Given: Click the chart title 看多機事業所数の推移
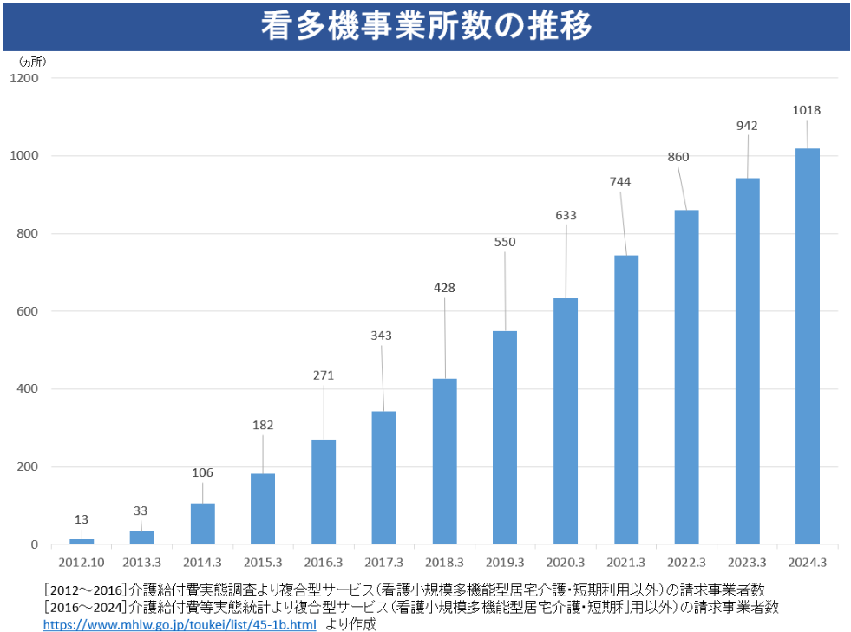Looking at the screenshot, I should pyautogui.click(x=426, y=27).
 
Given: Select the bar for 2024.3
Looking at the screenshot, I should pyautogui.click(x=807, y=347).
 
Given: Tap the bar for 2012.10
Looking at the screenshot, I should pyautogui.click(x=82, y=541).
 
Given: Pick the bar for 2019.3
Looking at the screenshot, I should pyautogui.click(x=505, y=438).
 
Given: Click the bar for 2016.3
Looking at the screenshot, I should pyautogui.click(x=324, y=492).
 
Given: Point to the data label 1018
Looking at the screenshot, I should pyautogui.click(x=807, y=110).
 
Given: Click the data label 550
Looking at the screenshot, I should pyautogui.click(x=505, y=242).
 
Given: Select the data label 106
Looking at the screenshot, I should pyautogui.click(x=202, y=472).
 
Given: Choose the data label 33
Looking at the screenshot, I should pyautogui.click(x=141, y=511).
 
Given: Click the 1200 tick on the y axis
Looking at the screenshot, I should pyautogui.click(x=24, y=78).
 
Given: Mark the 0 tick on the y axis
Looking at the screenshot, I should pyautogui.click(x=34, y=545).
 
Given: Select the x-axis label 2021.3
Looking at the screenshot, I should pyautogui.click(x=626, y=562).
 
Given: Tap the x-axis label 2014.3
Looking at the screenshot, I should pyautogui.click(x=202, y=562).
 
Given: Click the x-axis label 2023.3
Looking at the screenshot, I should pyautogui.click(x=747, y=562).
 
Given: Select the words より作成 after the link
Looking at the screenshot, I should pyautogui.click(x=351, y=624).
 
